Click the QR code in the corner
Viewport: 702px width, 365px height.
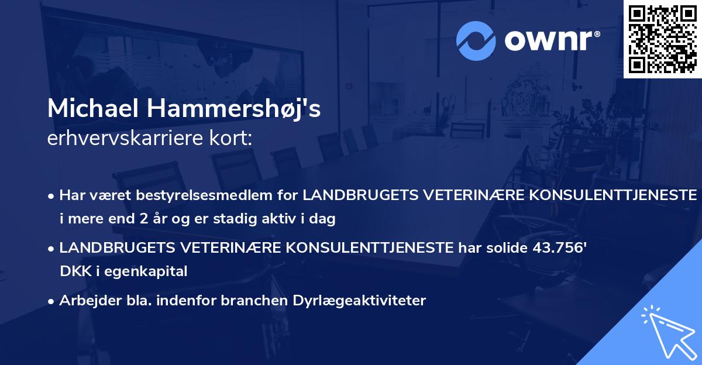[x=662, y=39]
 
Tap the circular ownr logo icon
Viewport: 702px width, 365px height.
[x=475, y=40]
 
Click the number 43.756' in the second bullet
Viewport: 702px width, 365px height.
[x=560, y=247]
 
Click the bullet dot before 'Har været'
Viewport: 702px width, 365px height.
[x=52, y=195]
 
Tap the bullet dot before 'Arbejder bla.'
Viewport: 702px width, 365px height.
[x=52, y=301]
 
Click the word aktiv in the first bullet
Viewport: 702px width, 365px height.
[x=259, y=219]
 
